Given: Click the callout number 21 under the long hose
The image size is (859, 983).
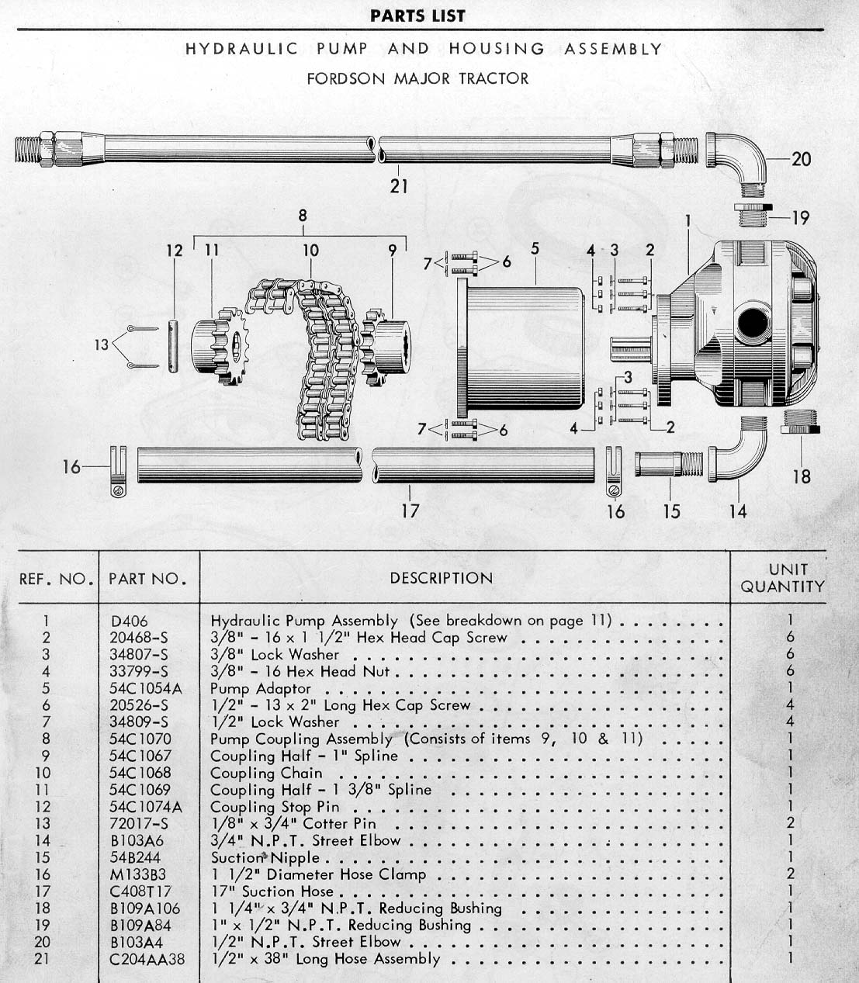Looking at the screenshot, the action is [x=399, y=185].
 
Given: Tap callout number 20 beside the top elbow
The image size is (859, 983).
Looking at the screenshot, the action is [x=801, y=158].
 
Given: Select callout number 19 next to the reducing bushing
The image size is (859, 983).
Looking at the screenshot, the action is [x=801, y=218].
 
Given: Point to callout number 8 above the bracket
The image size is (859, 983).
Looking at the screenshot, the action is [x=302, y=215].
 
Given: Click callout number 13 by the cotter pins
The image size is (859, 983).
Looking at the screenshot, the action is [x=102, y=344].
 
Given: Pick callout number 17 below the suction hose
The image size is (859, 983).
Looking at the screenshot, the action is [x=410, y=511].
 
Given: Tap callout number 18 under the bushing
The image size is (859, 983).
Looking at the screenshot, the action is [x=802, y=476].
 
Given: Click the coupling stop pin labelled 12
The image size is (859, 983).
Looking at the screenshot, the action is [x=175, y=346].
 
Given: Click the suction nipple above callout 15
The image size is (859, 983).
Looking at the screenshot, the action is [x=669, y=464].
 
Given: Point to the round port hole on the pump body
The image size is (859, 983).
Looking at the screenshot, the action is [x=753, y=324].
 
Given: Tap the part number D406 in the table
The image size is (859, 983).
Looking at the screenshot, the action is [x=130, y=621].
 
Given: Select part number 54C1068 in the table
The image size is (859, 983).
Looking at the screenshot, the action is [x=140, y=773].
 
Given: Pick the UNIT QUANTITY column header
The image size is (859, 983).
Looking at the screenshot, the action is [x=783, y=578].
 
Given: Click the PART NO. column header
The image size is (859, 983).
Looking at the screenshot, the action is [x=147, y=579].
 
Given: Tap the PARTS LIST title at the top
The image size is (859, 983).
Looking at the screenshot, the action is [x=417, y=16].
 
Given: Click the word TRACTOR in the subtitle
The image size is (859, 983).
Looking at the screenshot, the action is [x=494, y=78].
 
